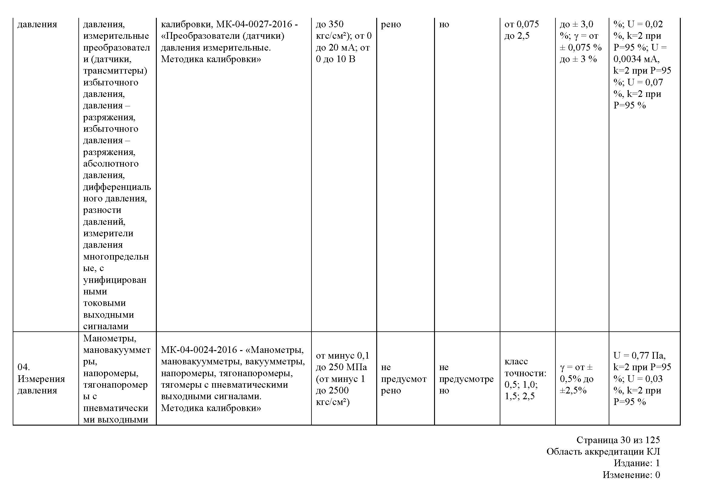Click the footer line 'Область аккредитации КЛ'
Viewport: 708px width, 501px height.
click(603, 452)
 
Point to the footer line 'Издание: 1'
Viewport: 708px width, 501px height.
click(637, 463)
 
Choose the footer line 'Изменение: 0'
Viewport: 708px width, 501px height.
click(631, 475)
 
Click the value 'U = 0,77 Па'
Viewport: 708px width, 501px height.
click(640, 356)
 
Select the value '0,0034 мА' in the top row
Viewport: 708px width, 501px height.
click(636, 59)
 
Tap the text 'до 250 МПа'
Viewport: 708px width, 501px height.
click(341, 367)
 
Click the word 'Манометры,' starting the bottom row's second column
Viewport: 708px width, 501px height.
click(110, 338)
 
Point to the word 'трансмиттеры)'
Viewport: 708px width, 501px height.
click(115, 71)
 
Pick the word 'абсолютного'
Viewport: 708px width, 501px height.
click(111, 164)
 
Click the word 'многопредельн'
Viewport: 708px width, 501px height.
click(116, 257)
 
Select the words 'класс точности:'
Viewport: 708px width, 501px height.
click(525, 367)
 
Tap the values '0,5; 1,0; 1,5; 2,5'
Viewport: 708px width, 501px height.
click(521, 390)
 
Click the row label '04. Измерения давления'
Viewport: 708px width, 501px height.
click(41, 379)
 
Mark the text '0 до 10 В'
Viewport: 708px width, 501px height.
click(335, 59)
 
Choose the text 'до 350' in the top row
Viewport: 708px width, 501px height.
click(330, 24)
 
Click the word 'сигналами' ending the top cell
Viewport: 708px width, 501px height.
click(106, 327)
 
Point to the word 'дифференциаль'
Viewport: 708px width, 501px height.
click(117, 187)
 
